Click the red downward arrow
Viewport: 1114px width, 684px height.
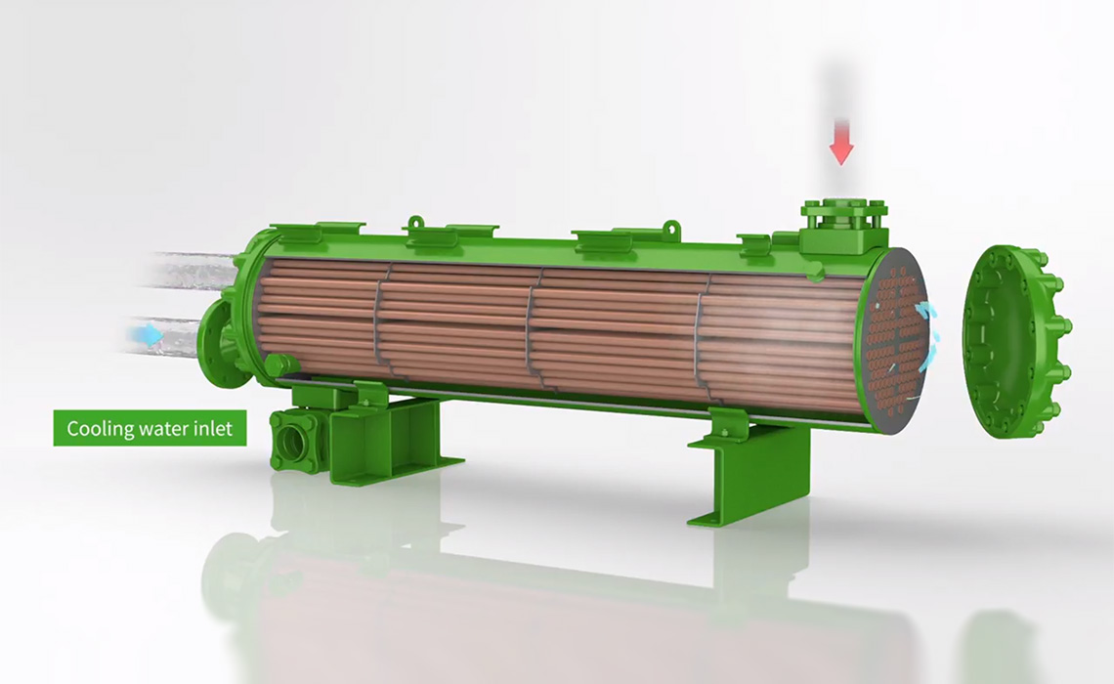pos(841,149)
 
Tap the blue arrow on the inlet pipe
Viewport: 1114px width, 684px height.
pos(149,336)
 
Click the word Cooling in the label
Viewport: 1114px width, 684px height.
pos(96,428)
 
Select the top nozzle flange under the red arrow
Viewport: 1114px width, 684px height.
pos(843,214)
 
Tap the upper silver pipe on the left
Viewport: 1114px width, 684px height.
pos(191,270)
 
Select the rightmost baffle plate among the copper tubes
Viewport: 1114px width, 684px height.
pos(700,342)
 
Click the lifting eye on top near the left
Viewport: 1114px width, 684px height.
pos(416,225)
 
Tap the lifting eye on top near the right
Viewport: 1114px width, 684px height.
pos(669,230)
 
